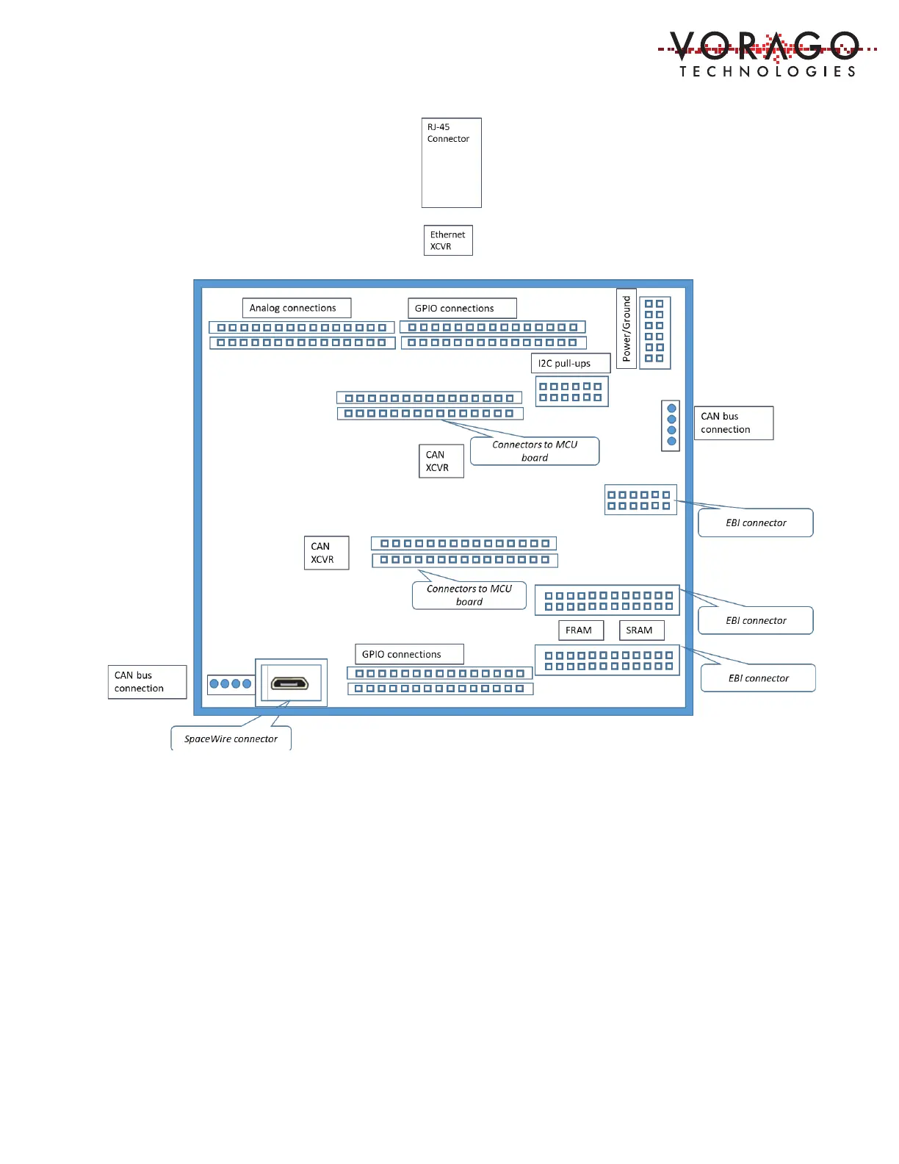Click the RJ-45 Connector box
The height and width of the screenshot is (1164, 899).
coord(451,162)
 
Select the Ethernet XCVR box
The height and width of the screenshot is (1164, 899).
coord(448,240)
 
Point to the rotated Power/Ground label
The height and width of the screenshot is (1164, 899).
coord(627,328)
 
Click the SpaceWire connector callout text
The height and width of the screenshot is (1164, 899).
coord(231,739)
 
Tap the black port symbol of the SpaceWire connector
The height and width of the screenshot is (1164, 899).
coord(290,683)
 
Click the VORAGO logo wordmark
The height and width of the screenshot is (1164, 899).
coord(765,46)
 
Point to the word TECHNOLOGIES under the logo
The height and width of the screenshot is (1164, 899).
coord(768,71)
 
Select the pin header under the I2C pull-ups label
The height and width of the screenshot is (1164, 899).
coord(571,392)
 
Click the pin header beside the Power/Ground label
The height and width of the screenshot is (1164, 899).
coord(654,331)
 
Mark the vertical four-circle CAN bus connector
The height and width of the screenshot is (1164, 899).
coord(671,425)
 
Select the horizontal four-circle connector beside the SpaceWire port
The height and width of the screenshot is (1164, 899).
coord(231,683)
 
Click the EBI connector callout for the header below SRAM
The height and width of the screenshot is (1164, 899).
coord(758,678)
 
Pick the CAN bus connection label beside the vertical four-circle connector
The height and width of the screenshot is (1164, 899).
coord(733,423)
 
